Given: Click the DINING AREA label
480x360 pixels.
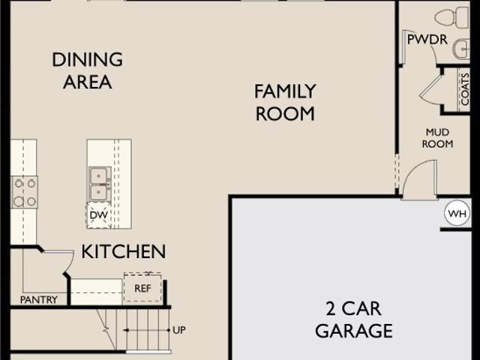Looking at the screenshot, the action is pyautogui.click(x=88, y=70).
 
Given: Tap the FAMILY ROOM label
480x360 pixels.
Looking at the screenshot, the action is pyautogui.click(x=285, y=103).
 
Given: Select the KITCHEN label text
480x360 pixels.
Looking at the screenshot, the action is pyautogui.click(x=124, y=252).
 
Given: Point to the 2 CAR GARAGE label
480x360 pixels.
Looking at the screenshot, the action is pyautogui.click(x=354, y=319).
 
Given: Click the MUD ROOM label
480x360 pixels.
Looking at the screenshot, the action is pyautogui.click(x=437, y=138).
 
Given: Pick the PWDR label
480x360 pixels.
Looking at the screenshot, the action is pyautogui.click(x=427, y=40).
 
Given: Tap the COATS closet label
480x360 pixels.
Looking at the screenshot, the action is pyautogui.click(x=465, y=89).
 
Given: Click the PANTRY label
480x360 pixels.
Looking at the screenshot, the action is pyautogui.click(x=39, y=300).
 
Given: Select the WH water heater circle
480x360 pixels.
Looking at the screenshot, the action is pyautogui.click(x=457, y=213).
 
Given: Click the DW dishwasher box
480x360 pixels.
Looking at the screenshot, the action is pyautogui.click(x=98, y=215).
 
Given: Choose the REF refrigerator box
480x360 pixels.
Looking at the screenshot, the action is pyautogui.click(x=142, y=288).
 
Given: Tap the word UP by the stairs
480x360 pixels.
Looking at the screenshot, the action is pyautogui.click(x=179, y=330).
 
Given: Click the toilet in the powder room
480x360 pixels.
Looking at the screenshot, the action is pyautogui.click(x=451, y=18).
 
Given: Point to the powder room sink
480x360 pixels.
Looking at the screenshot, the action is pyautogui.click(x=462, y=49).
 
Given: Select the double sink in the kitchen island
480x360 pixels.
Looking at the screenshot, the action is pyautogui.click(x=100, y=184).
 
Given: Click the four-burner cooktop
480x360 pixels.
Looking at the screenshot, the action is pyautogui.click(x=24, y=193).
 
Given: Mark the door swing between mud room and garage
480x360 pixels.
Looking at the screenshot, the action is pyautogui.click(x=420, y=180).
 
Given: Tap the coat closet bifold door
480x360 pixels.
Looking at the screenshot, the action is pyautogui.click(x=430, y=88).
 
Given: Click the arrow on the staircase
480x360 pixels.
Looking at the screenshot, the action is pyautogui.click(x=146, y=330).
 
